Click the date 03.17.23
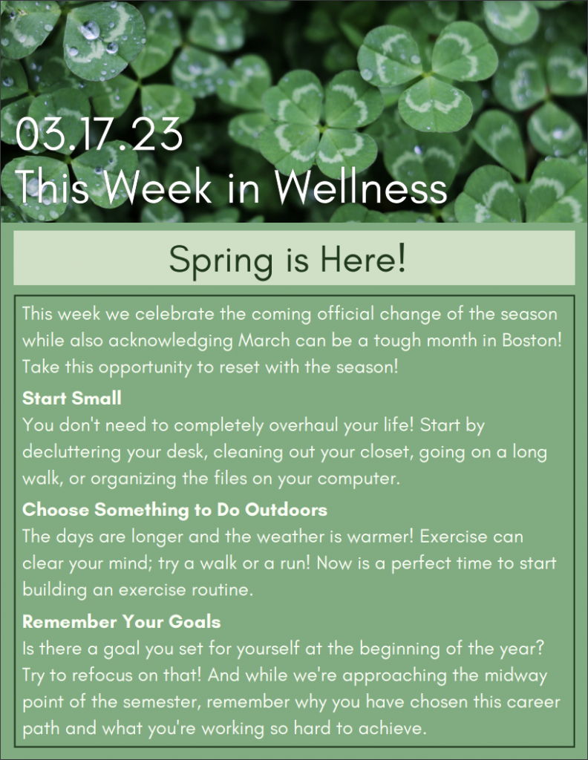[99, 134]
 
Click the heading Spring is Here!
[287, 259]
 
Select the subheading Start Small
[72, 398]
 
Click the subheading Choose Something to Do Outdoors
[174, 509]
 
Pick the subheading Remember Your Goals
[121, 621]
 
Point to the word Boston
[532, 340]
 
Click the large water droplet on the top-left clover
[90, 30]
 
